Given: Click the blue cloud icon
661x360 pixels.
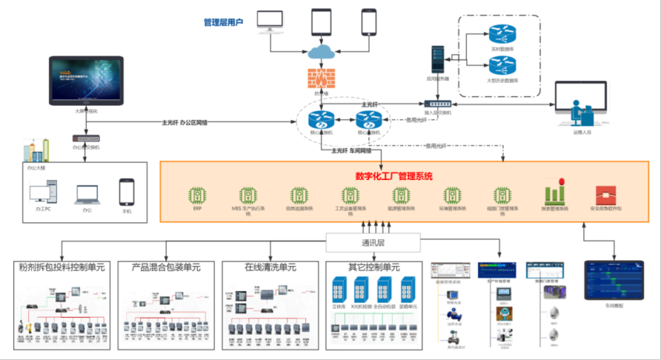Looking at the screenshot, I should [x=321, y=53].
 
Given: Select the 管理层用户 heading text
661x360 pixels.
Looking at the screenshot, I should [x=223, y=23].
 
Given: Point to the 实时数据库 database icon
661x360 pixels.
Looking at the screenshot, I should [x=501, y=34].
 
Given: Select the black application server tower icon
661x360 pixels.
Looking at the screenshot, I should [x=437, y=59].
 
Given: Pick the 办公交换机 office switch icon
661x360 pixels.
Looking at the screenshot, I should [x=87, y=138].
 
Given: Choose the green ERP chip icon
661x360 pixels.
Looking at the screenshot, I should [x=197, y=196].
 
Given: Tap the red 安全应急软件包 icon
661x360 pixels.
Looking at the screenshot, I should [x=605, y=196].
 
